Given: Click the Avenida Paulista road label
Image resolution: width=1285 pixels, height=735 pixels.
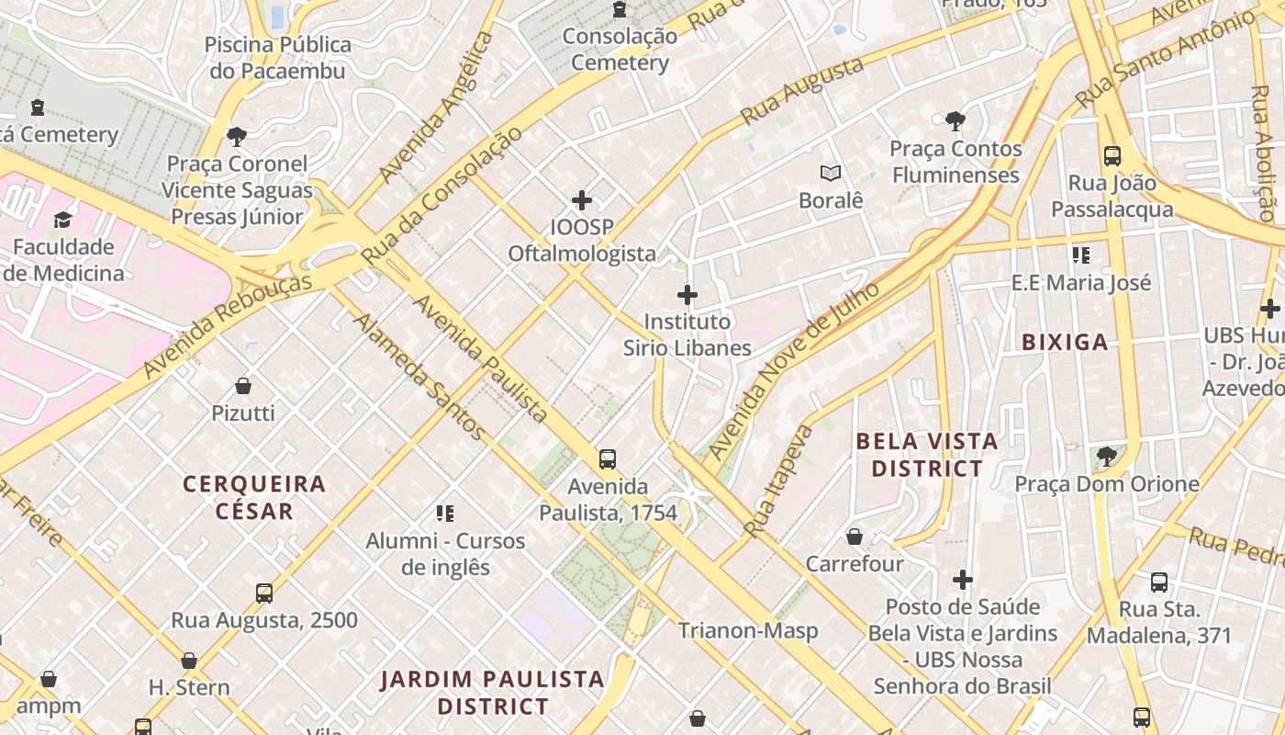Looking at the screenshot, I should [480, 359].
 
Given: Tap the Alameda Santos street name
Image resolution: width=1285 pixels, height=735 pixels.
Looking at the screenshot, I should [419, 377].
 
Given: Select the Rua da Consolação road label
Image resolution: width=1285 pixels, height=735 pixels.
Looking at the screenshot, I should [441, 196].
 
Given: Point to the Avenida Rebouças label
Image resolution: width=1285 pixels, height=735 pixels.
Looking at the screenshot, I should [229, 325].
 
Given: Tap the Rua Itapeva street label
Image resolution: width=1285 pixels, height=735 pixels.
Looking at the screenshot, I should [778, 481].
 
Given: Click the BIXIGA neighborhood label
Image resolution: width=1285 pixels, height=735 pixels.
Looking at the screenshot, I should [1065, 343].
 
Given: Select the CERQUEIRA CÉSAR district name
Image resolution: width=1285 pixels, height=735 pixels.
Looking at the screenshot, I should [254, 497].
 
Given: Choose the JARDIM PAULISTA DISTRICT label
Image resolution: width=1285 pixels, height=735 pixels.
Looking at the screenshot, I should [493, 693].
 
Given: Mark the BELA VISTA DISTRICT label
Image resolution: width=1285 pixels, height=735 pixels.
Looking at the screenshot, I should [927, 455].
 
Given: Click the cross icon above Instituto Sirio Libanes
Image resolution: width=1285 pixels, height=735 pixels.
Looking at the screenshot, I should [687, 295].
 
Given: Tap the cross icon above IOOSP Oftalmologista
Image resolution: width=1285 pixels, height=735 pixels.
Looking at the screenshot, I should [582, 199].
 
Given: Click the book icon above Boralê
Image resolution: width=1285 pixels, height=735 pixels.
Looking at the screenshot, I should [831, 173].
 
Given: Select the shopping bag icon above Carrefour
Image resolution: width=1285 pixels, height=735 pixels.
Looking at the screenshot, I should [855, 537].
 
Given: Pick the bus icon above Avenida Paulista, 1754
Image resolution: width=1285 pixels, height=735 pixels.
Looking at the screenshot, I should [607, 459].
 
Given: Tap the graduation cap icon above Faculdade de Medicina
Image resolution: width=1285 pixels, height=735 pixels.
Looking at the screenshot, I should [62, 220].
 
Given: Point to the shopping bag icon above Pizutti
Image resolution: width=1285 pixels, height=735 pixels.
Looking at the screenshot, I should [243, 386].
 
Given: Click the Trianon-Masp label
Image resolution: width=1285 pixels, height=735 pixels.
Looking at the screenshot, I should [747, 630].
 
